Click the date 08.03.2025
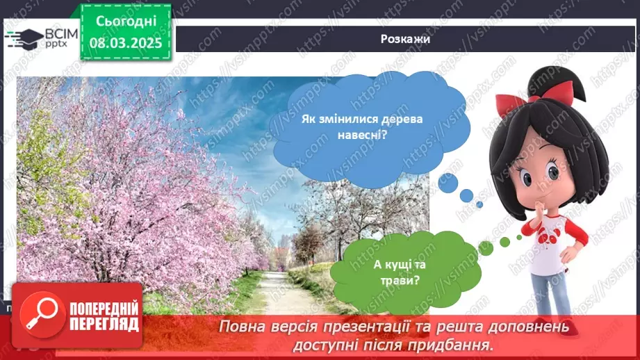(126, 43)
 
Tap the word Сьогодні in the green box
(126, 22)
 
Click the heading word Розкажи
(405, 39)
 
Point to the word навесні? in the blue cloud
(362, 134)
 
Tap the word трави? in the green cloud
(400, 280)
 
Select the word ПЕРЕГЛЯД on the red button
(104, 325)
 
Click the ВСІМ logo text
(61, 33)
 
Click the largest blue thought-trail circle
(448, 183)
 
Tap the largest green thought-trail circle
(486, 248)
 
